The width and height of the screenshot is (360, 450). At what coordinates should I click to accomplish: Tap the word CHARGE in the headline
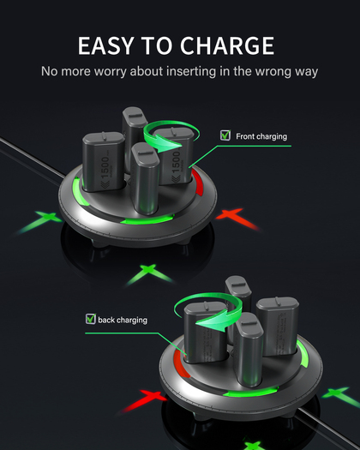tap(227, 45)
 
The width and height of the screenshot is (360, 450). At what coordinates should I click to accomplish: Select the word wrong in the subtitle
tap(273, 71)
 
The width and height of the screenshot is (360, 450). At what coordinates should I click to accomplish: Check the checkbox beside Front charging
tap(225, 135)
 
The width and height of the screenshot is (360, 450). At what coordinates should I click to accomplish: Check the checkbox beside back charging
tap(91, 319)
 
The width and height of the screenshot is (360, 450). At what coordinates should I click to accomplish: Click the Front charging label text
tap(261, 136)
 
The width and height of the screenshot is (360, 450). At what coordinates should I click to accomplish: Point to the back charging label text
tap(123, 320)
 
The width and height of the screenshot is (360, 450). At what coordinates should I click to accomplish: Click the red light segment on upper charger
tap(198, 182)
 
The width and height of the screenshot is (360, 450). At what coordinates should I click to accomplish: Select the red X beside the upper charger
tap(237, 218)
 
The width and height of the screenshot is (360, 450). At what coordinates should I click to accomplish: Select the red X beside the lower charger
tap(143, 399)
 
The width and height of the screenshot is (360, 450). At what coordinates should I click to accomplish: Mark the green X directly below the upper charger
tap(149, 273)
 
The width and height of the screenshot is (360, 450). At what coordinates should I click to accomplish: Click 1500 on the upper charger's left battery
tap(105, 168)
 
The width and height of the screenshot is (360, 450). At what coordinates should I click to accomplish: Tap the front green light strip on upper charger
tap(147, 219)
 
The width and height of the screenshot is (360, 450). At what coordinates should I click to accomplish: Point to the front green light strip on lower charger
tap(251, 392)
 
